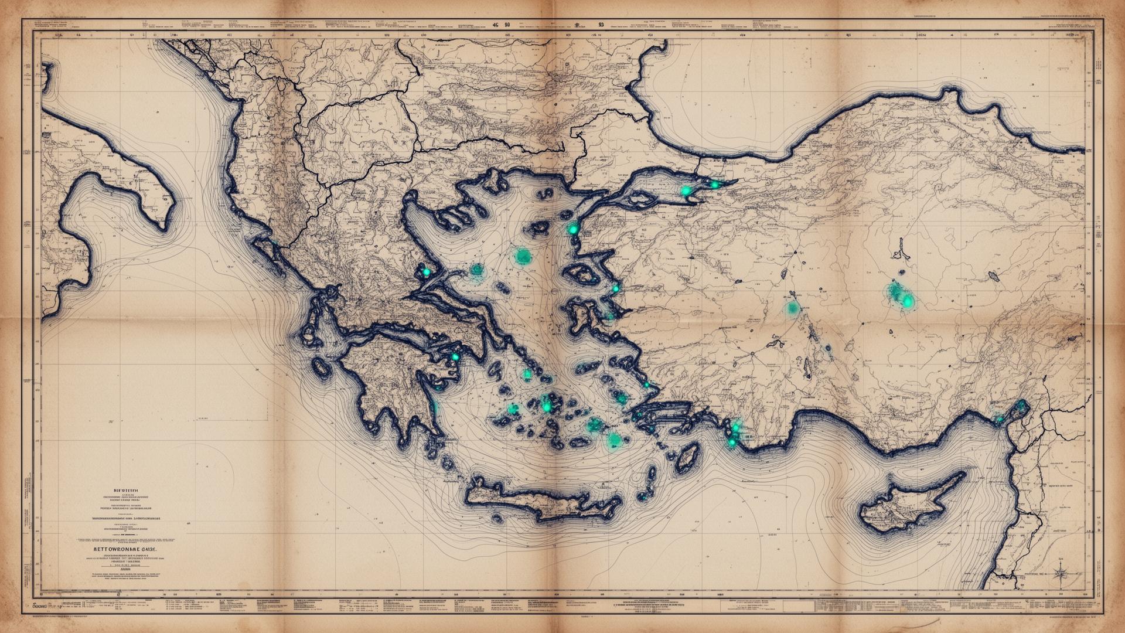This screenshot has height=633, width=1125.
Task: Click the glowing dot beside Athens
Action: [454, 356]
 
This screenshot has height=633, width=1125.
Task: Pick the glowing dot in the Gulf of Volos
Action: [427, 272]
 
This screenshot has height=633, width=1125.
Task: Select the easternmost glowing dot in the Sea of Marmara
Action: [714, 185]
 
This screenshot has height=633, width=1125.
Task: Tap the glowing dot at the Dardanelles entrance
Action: [573, 229]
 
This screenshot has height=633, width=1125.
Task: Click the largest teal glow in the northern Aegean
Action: [522, 256]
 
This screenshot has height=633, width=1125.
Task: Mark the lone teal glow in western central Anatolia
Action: [792, 308]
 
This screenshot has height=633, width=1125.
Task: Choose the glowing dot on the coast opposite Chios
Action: [615, 288]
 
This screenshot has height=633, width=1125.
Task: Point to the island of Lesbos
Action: [582, 273]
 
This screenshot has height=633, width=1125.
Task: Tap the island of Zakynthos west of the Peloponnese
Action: [321, 367]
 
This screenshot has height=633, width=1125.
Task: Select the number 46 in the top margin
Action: [496, 25]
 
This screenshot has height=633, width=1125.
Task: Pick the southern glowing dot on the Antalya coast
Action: [732, 443]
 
